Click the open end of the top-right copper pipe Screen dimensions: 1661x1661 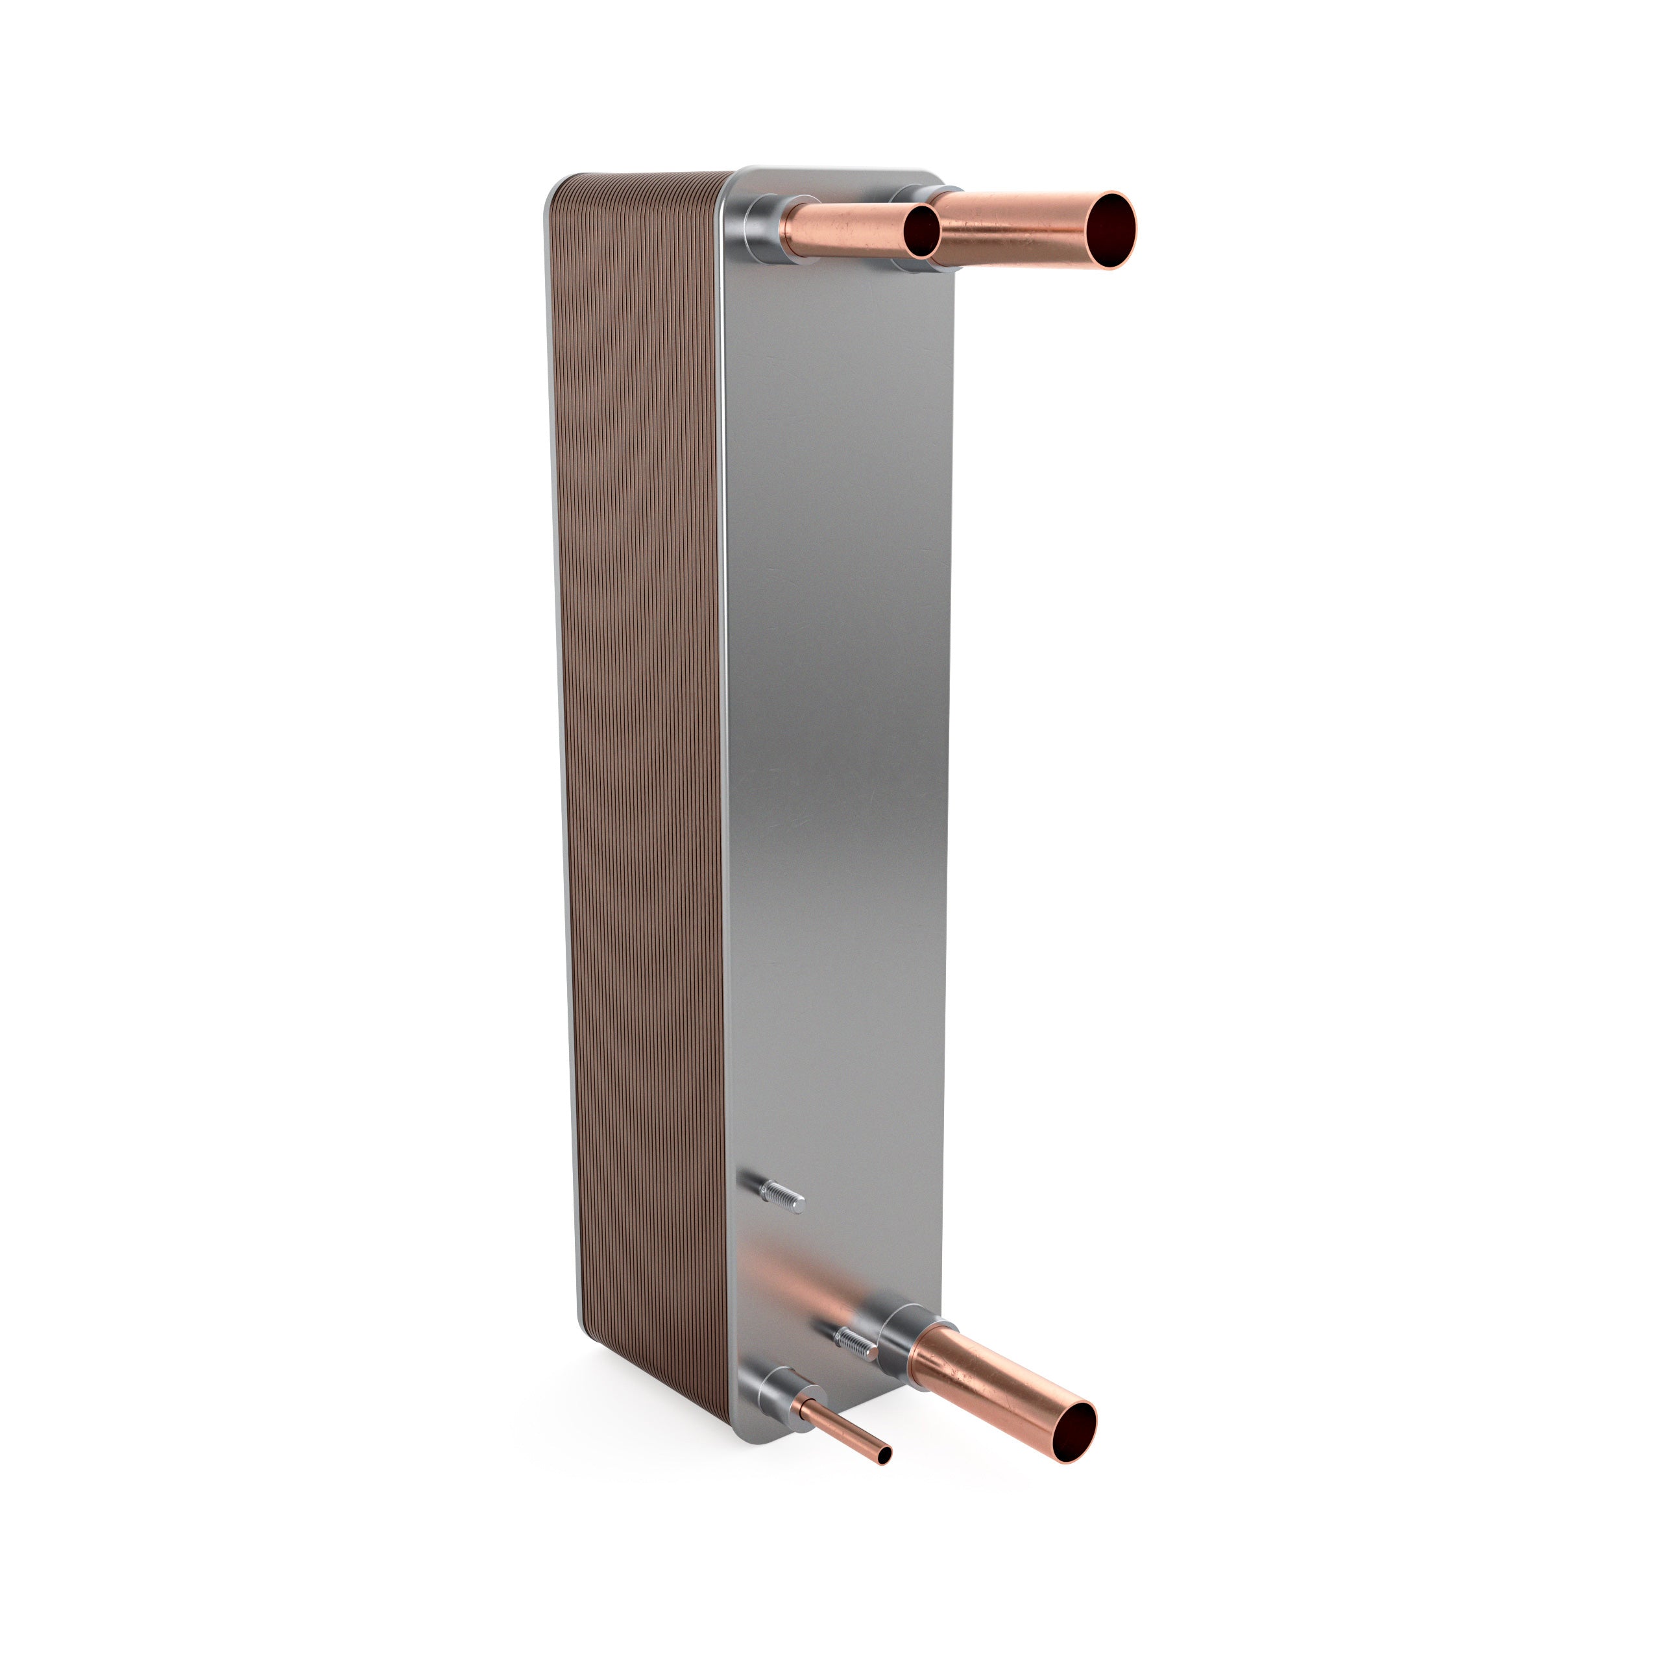[x=1110, y=230]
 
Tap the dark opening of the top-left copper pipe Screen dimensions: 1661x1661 [x=921, y=230]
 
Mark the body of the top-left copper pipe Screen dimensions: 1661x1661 [x=843, y=230]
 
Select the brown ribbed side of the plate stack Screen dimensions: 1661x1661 [x=640, y=774]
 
